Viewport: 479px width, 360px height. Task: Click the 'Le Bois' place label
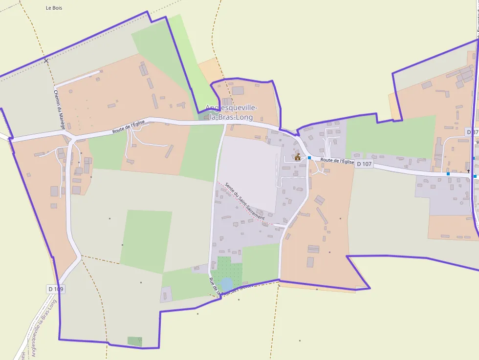click(54, 8)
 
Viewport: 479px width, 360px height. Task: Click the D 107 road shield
click(364, 164)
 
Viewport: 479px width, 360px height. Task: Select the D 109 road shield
click(56, 289)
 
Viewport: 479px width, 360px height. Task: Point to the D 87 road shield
click(472, 132)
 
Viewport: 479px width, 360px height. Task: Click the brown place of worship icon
click(297, 157)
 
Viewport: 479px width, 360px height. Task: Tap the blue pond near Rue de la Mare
click(226, 284)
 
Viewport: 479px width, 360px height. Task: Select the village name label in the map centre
click(231, 112)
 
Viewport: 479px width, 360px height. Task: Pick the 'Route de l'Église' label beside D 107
click(337, 161)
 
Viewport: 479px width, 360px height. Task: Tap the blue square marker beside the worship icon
click(309, 158)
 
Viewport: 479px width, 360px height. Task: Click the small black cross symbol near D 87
click(468, 171)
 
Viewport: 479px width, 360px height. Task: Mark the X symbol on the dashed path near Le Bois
click(46, 61)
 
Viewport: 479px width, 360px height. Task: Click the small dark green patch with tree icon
click(135, 341)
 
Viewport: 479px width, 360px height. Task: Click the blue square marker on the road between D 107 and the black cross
click(448, 174)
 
